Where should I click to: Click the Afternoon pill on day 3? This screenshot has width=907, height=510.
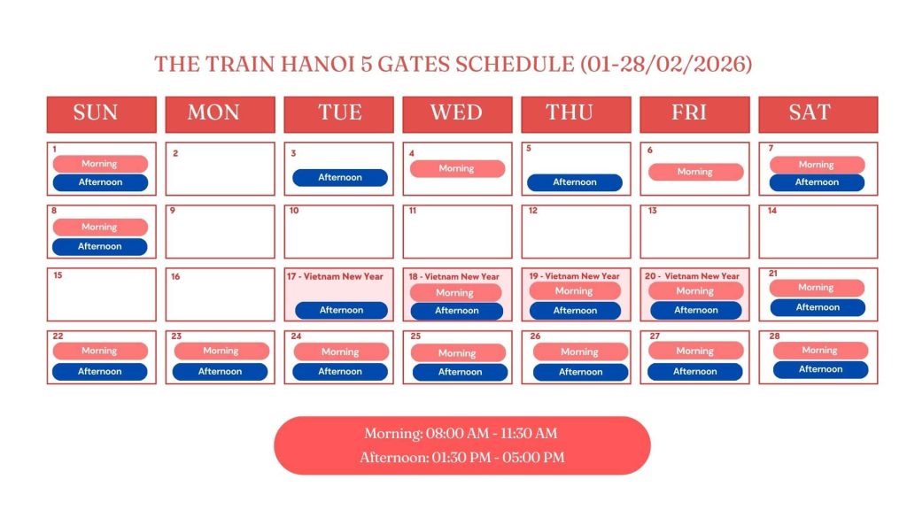[340, 178]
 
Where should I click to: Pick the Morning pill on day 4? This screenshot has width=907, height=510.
[457, 168]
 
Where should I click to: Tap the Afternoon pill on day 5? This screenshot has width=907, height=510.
[575, 182]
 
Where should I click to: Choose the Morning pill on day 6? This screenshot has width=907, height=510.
[695, 172]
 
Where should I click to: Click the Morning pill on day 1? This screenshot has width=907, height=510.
[100, 164]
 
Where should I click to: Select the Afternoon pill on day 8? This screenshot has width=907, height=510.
[100, 246]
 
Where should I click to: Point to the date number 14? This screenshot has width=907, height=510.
[772, 212]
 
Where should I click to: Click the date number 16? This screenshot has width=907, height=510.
[175, 277]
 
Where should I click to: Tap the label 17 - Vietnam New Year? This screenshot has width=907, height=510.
[336, 277]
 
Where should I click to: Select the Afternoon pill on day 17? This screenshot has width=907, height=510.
[341, 310]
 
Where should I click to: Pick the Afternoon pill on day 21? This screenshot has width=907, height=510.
[817, 307]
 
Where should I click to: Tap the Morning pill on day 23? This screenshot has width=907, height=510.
[221, 352]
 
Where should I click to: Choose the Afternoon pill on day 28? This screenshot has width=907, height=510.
[820, 369]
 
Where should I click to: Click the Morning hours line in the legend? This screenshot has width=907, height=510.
[461, 434]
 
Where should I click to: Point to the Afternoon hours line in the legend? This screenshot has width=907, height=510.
[461, 458]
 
